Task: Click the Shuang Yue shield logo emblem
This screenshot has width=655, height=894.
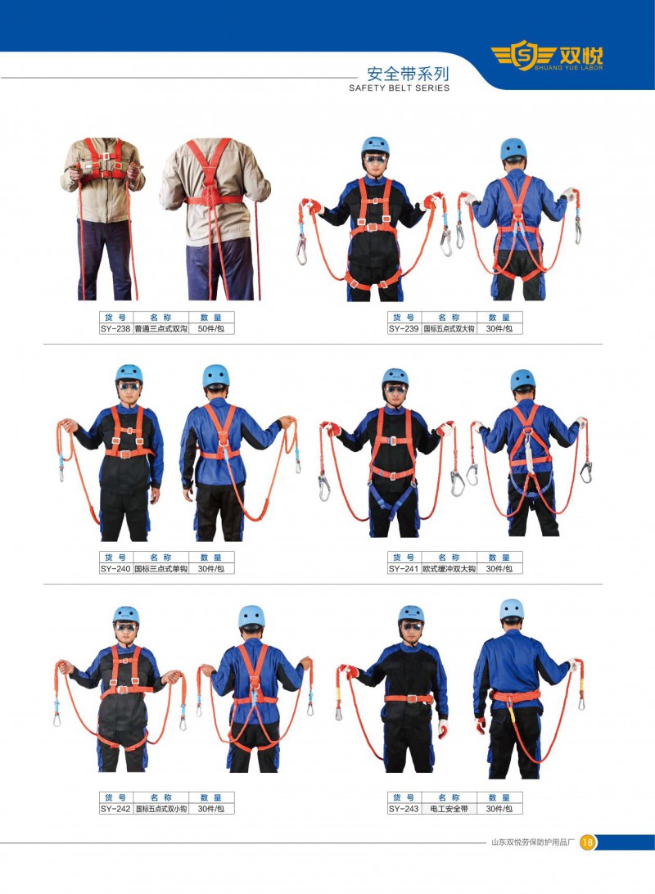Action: click(x=522, y=56)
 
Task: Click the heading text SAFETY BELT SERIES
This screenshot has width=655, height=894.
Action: click(x=399, y=88)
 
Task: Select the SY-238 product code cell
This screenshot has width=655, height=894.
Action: click(x=115, y=329)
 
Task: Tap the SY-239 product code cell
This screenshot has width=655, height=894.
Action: click(x=404, y=329)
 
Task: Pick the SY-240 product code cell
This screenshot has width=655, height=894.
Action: click(x=115, y=569)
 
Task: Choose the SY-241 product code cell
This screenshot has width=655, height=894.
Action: click(x=404, y=569)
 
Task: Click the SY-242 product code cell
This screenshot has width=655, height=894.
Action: click(x=115, y=809)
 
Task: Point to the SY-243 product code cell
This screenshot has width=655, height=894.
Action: click(x=404, y=809)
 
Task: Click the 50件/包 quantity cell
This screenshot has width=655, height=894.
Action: click(x=211, y=329)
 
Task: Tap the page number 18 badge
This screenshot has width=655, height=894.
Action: click(x=588, y=842)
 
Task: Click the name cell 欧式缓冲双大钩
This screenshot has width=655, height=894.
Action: click(x=449, y=569)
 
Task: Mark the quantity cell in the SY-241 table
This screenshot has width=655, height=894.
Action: click(x=499, y=569)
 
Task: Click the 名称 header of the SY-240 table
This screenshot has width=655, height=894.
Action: click(x=160, y=557)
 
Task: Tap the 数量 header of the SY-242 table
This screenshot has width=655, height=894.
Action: click(x=211, y=797)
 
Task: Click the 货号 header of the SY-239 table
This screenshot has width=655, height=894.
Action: click(x=404, y=317)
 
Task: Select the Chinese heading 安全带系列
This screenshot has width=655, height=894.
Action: click(x=409, y=74)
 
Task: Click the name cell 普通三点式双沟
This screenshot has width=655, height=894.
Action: click(x=160, y=329)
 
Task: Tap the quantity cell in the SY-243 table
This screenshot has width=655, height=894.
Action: click(x=499, y=809)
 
